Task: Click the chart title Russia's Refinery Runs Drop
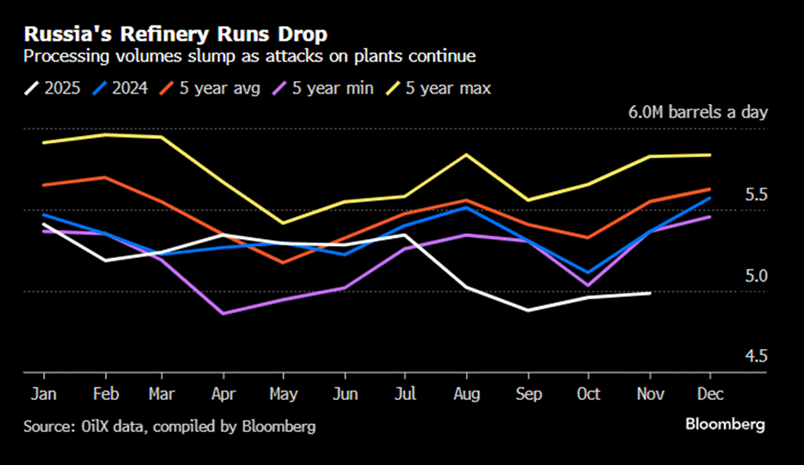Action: (176, 34)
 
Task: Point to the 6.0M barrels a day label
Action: (697, 112)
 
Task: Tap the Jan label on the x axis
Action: (44, 393)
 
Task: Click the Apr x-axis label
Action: (223, 393)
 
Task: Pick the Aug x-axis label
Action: (467, 393)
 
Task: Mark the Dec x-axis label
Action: (711, 393)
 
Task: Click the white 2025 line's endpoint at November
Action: (650, 292)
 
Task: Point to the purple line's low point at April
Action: (223, 313)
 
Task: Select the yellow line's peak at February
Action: (105, 135)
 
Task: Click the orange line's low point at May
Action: (284, 263)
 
